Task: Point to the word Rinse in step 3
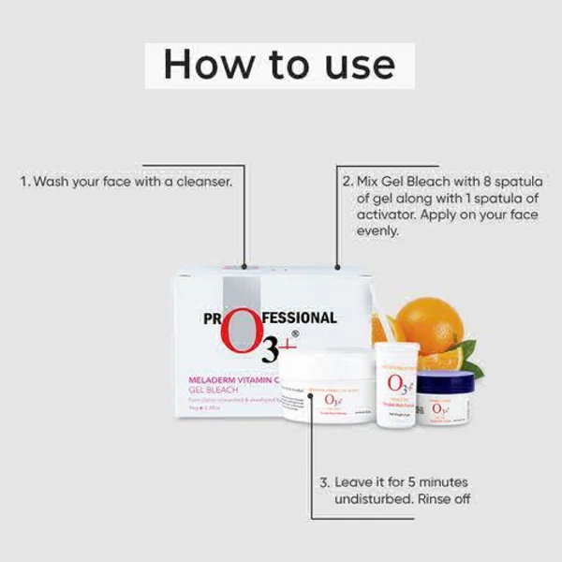(434, 500)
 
